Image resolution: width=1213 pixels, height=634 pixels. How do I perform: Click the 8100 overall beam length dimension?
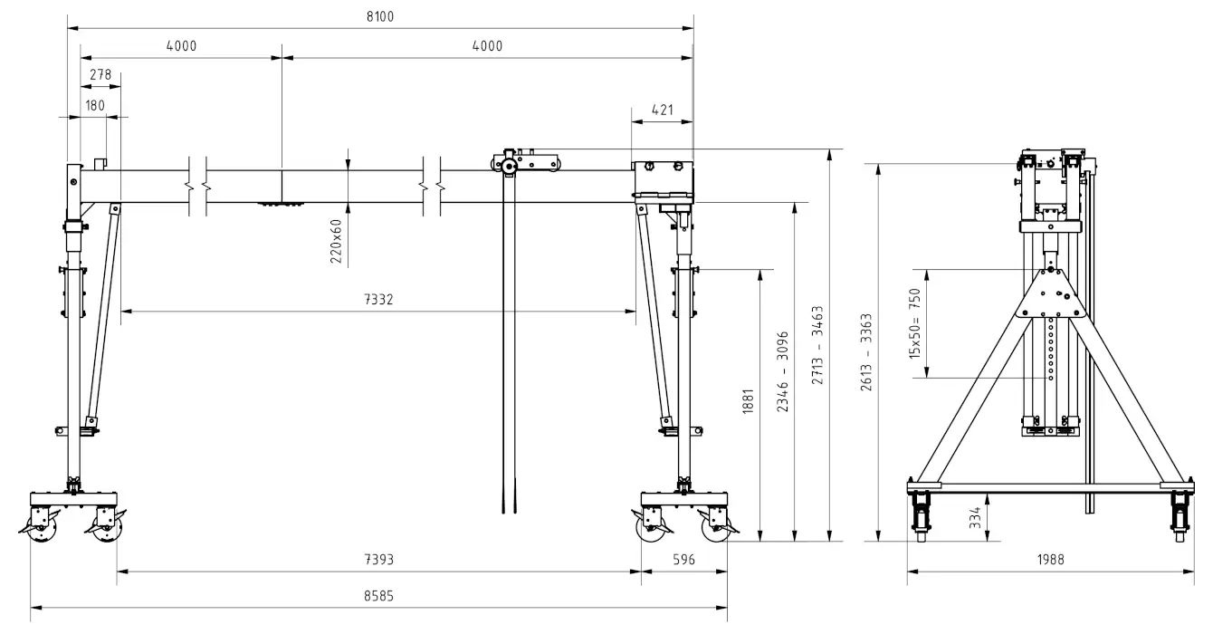click(x=380, y=17)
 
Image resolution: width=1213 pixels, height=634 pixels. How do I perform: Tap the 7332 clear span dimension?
click(x=378, y=300)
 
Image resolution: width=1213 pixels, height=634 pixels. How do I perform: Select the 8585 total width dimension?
click(x=378, y=596)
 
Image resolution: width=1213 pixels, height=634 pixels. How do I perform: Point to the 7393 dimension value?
click(x=378, y=559)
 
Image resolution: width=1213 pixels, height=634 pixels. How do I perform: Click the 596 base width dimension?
click(x=683, y=559)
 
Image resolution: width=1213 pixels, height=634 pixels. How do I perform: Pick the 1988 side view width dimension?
click(x=1051, y=559)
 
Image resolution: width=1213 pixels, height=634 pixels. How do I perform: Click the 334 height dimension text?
click(x=975, y=517)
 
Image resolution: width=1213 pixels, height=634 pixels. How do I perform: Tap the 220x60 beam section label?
click(x=336, y=241)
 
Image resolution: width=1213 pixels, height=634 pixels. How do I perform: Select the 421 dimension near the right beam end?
click(x=663, y=110)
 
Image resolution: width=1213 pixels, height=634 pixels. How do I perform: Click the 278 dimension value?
click(x=100, y=74)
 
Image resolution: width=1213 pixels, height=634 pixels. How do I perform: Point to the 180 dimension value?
click(x=95, y=105)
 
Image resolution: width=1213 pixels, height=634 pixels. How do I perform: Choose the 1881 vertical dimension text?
click(x=748, y=401)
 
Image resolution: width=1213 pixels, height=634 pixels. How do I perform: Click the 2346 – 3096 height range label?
click(x=783, y=371)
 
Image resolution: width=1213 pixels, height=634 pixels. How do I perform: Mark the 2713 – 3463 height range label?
click(x=817, y=345)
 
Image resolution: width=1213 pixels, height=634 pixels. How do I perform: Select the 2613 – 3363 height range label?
click(x=866, y=352)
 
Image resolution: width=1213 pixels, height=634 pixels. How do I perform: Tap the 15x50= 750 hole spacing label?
click(x=914, y=323)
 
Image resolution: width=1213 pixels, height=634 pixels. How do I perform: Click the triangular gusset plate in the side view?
click(x=1051, y=294)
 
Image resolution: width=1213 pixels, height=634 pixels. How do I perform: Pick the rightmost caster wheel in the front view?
click(x=716, y=525)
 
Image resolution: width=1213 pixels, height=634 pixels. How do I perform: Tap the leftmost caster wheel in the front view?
click(x=42, y=525)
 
